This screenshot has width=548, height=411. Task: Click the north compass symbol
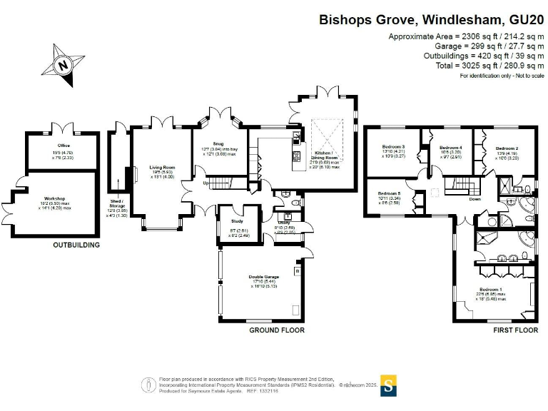click(x=65, y=65)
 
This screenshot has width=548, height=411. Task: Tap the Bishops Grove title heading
click(x=431, y=19)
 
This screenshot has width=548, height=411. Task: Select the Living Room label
click(x=162, y=168)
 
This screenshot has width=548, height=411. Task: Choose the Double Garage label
click(x=263, y=276)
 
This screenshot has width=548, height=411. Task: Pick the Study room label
click(x=237, y=221)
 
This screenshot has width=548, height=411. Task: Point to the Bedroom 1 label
click(x=492, y=289)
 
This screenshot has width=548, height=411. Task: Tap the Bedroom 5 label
click(x=390, y=193)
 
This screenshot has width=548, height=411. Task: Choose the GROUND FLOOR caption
click(x=276, y=330)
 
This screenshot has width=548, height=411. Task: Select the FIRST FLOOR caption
click(x=515, y=330)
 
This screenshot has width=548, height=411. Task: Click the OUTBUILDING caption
click(x=76, y=245)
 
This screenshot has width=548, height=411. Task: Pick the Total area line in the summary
click(x=469, y=66)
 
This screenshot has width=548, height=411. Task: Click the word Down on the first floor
click(x=475, y=199)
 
